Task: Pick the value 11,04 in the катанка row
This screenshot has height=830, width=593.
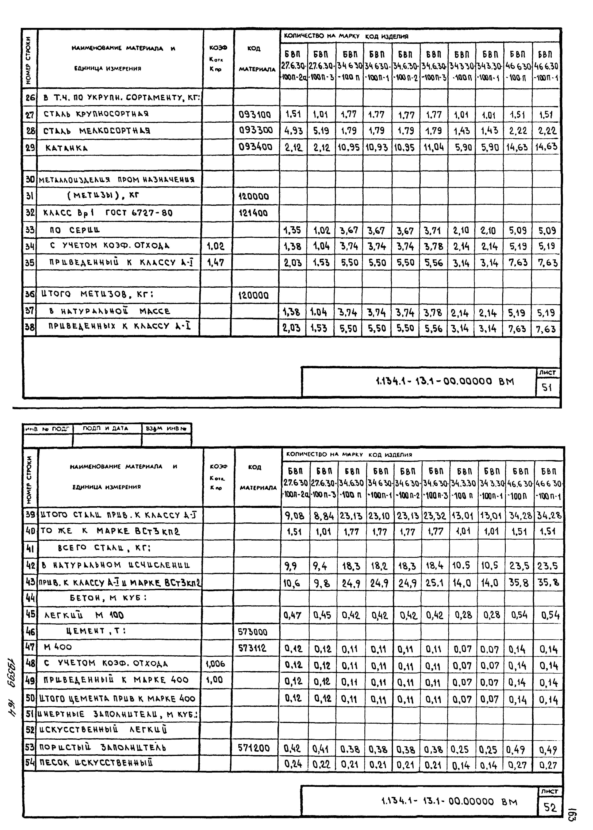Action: tap(434, 147)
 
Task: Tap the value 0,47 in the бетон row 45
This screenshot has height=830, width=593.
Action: tap(293, 615)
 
